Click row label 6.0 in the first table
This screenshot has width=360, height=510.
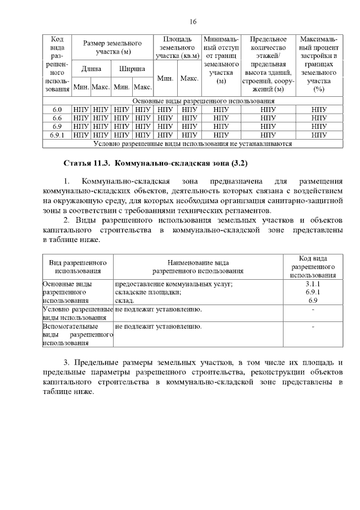[x=57, y=109]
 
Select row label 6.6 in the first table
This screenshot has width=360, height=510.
[x=57, y=118]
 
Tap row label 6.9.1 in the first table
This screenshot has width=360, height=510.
[x=57, y=135]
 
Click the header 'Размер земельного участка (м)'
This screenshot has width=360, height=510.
[x=112, y=48]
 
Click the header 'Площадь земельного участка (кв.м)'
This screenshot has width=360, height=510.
[x=177, y=48]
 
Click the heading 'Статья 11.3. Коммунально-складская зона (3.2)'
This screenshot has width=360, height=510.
[x=155, y=163]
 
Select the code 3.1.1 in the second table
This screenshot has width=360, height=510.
[x=313, y=284]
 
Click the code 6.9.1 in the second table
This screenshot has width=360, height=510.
[x=313, y=293]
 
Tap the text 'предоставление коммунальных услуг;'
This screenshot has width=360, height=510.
[x=174, y=284]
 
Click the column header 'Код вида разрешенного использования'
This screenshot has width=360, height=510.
[x=313, y=267]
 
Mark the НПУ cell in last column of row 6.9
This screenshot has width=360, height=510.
[x=319, y=127]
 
